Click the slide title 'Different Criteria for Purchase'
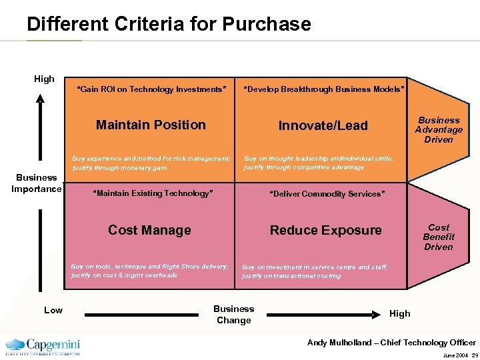click(x=169, y=25)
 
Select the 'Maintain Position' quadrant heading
click(x=151, y=125)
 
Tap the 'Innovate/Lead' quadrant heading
click(x=323, y=125)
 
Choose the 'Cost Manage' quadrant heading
click(x=149, y=230)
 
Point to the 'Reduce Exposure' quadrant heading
click(x=325, y=230)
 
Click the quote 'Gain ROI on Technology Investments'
click(x=152, y=89)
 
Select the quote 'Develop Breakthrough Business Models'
click(x=323, y=89)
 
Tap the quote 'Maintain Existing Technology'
click(x=154, y=193)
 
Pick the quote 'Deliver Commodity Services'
click(x=327, y=194)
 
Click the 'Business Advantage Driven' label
click(x=439, y=130)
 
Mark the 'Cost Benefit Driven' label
click(x=439, y=237)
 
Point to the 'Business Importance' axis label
click(x=37, y=183)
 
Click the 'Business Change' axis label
click(x=233, y=314)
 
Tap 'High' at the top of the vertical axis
click(x=44, y=79)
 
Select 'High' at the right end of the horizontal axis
click(x=400, y=313)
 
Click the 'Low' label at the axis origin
click(x=53, y=310)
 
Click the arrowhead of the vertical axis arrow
click(x=41, y=99)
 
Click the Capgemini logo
click(x=43, y=345)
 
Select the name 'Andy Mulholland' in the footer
click(x=339, y=343)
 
